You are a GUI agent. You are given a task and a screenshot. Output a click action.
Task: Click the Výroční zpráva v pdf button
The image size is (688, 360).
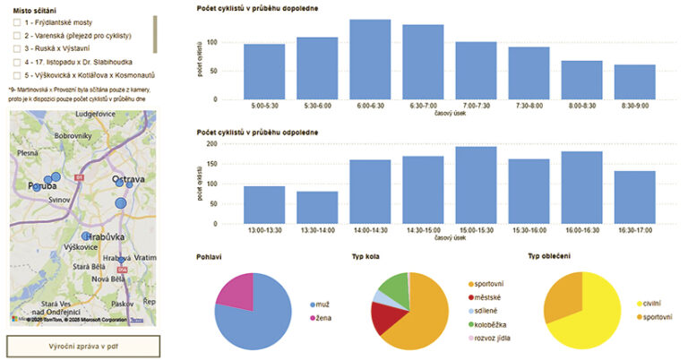click(x=82, y=346)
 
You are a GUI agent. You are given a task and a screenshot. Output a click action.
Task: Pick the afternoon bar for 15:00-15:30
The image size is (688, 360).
click(x=476, y=184)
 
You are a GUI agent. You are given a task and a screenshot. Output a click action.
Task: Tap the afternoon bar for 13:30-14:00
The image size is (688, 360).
click(x=316, y=207)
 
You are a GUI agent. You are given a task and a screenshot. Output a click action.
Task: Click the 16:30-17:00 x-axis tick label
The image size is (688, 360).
click(x=634, y=228)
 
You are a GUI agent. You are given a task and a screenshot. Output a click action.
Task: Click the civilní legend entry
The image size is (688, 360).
click(x=652, y=304)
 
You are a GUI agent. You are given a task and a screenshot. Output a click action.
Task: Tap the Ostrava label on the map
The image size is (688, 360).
click(x=128, y=180)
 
